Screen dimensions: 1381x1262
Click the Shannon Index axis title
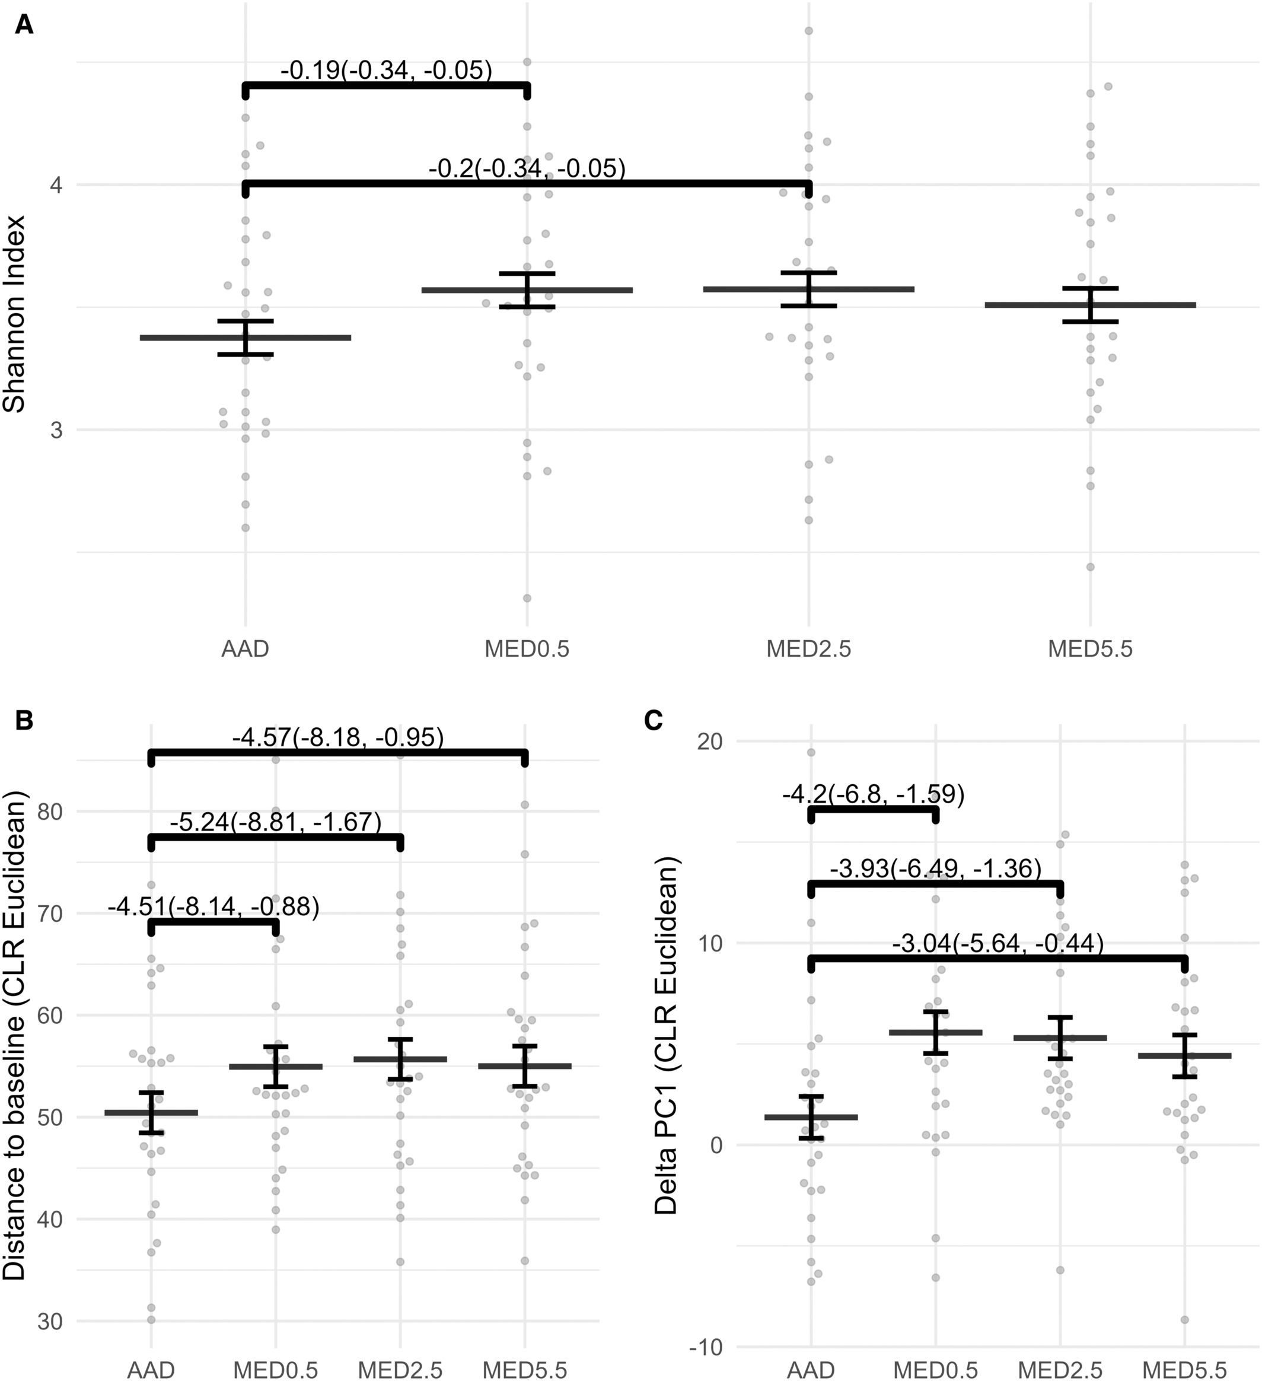(14, 314)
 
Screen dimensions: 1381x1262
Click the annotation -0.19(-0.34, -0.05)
(386, 70)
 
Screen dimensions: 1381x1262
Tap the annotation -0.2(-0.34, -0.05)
(527, 168)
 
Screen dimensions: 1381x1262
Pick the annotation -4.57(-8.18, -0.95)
(338, 738)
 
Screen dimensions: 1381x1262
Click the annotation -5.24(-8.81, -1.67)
(275, 822)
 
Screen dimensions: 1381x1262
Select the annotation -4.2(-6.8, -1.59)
(873, 795)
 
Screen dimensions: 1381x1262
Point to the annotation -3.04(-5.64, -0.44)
(998, 944)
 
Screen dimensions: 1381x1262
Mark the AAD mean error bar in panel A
(245, 338)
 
